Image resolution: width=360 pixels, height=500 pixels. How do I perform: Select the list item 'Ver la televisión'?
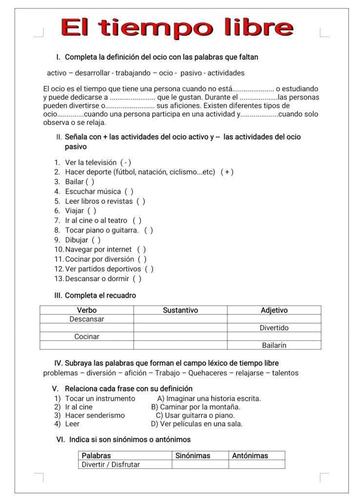click(x=91, y=162)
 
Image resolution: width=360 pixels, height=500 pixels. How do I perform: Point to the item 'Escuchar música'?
click(x=93, y=191)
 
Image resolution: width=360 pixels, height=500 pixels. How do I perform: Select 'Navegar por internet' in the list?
click(x=99, y=250)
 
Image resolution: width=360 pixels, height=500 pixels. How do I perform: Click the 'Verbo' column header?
click(x=87, y=310)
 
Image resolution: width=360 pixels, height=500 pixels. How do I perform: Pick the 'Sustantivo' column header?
click(x=180, y=310)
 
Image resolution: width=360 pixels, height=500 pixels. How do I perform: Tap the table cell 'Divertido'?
click(x=274, y=328)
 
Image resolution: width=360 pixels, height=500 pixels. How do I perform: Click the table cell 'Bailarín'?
click(x=274, y=345)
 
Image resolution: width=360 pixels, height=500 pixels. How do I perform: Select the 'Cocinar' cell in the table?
click(x=87, y=336)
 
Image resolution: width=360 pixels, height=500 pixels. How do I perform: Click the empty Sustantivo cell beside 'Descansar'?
click(x=180, y=319)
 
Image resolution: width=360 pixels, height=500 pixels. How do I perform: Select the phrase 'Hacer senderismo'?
click(x=95, y=415)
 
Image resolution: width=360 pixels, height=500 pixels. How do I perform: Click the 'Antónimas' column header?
click(x=250, y=456)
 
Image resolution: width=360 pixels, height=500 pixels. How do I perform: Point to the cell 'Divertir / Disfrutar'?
click(x=111, y=464)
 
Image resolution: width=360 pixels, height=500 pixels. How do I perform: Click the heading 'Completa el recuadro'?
click(x=100, y=295)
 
